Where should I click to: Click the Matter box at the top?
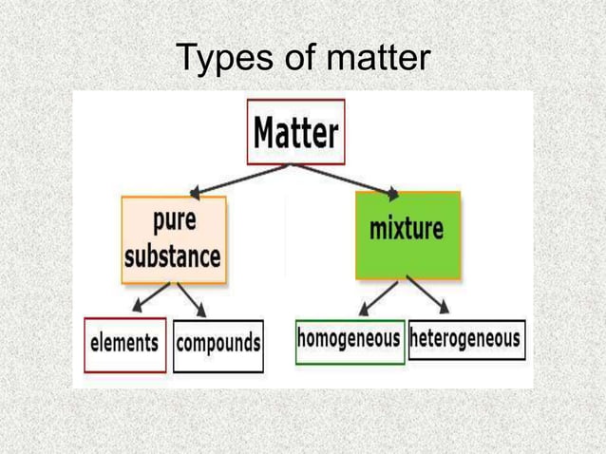coord(295,132)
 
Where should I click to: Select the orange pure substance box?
coord(174,239)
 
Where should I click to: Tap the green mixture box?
coord(407,235)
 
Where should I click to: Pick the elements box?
coord(124,343)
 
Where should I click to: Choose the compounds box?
coord(218,343)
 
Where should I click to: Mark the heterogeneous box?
coord(466,339)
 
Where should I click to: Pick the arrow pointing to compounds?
coord(191,300)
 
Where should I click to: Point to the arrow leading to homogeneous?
coord(378,297)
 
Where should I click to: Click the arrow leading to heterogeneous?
coord(430,296)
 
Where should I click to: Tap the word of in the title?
coord(295,60)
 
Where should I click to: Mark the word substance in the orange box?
coord(174,255)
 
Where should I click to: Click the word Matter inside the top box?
coord(295,132)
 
